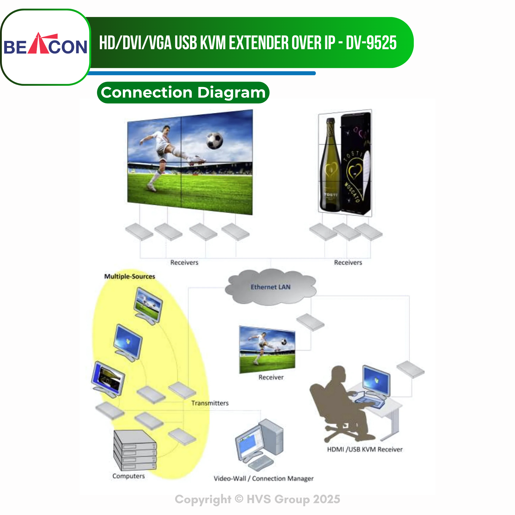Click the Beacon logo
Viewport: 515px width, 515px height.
point(45,44)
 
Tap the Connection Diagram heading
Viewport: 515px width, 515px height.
point(183,92)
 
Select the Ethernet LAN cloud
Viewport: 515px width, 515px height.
point(271,287)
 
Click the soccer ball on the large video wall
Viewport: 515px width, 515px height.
point(214,141)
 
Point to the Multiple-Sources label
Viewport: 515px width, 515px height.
point(130,276)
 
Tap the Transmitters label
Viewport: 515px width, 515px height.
point(210,403)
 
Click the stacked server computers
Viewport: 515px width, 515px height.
point(135,450)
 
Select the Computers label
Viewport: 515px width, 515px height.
point(128,476)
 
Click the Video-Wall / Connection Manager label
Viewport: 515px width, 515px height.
point(264,478)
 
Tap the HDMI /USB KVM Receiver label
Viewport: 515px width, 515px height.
point(365,449)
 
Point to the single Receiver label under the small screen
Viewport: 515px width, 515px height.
point(271,377)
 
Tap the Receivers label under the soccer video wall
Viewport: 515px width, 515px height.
point(184,263)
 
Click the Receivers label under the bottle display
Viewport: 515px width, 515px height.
point(348,263)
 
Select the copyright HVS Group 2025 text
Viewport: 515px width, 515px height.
point(257,499)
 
